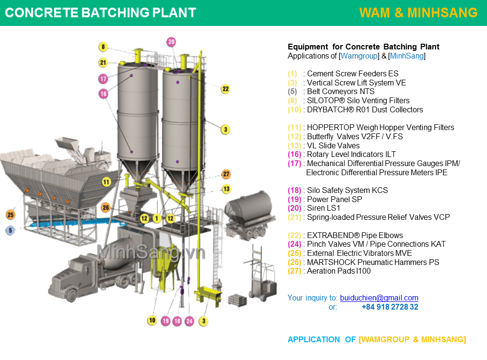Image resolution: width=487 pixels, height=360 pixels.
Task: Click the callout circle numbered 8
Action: pos(103,47)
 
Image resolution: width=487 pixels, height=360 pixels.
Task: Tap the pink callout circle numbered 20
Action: pos(171,42)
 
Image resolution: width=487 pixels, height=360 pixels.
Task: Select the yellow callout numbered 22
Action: pos(225,89)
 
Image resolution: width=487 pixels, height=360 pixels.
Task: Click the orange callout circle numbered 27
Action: pos(226,174)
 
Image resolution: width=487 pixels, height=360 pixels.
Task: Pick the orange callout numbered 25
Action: pos(11,214)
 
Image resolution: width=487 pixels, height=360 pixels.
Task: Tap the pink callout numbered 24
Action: pos(189,321)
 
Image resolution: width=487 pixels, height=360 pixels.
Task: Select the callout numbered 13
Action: pos(226,189)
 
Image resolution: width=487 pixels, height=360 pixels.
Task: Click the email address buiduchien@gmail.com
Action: pos(379,298)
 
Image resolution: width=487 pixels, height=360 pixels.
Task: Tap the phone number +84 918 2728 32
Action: pos(390,307)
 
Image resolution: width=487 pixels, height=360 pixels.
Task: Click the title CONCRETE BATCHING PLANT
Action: pos(100,13)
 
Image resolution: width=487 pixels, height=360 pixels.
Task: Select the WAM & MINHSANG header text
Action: pos(418,13)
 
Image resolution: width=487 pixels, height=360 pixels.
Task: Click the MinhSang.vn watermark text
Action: pos(151,252)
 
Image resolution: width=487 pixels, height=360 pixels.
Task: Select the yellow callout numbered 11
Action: pos(106,182)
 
